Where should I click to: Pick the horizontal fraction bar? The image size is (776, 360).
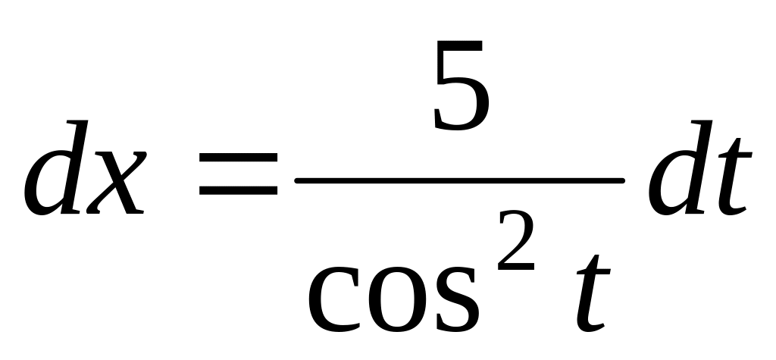459,180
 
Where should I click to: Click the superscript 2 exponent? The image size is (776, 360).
511,242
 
